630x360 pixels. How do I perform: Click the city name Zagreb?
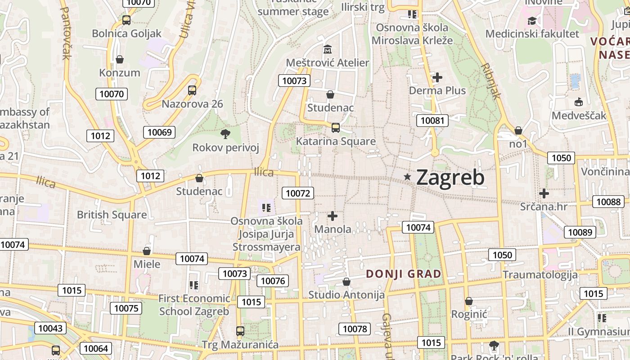[x=450, y=177]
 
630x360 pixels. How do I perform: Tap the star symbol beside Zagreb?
[x=407, y=177]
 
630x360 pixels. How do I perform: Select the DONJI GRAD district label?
[x=404, y=274]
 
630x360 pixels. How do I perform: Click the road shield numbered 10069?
[x=159, y=132]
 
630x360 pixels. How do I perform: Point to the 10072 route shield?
[x=298, y=193]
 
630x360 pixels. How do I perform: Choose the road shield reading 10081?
[x=432, y=120]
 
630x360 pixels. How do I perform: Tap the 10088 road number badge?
[x=608, y=202]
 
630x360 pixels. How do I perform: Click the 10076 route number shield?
[x=273, y=281]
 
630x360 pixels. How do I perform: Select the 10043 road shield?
[x=51, y=328]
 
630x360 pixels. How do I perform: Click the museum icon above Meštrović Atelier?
[x=328, y=49]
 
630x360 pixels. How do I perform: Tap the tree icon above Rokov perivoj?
[x=225, y=134]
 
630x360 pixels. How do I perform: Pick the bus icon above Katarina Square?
[x=336, y=127]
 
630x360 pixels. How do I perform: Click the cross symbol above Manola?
[x=333, y=216]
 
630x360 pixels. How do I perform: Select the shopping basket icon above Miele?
[x=147, y=251]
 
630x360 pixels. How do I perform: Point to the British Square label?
[x=112, y=215]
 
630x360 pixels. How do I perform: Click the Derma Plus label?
[x=437, y=90]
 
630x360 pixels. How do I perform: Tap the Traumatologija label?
[x=540, y=274]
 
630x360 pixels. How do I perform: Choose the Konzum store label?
[x=120, y=72]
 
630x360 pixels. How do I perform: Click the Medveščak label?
[x=579, y=116]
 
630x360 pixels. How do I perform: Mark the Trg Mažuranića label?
[x=240, y=345]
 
